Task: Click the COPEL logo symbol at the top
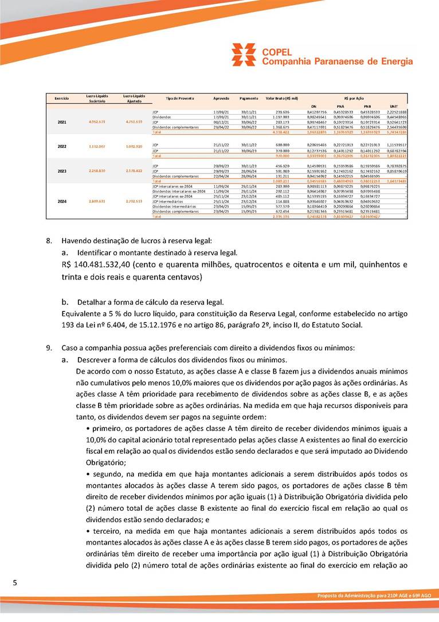244,55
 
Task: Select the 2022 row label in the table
62,146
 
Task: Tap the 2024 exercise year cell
62,201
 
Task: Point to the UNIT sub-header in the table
394,106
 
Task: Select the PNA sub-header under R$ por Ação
340,106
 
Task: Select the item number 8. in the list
50,240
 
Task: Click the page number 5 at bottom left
16,583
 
